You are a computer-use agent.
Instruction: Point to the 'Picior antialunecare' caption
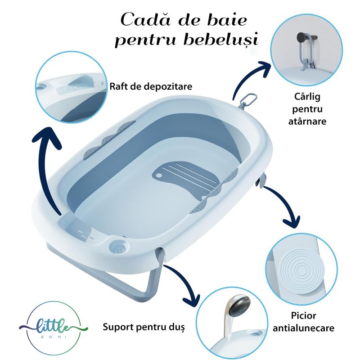click(x=303, y=322)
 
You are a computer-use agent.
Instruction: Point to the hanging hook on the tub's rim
click(x=246, y=100)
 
